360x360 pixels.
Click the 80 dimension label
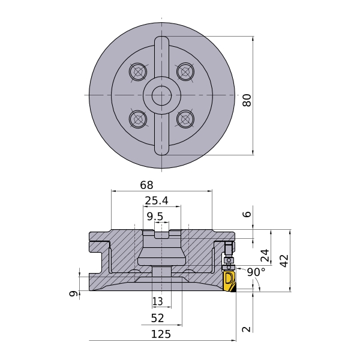pos(247,100)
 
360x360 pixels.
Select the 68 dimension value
pos(146,185)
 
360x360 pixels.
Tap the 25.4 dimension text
pos(156,200)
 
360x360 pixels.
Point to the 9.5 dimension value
pos(155,216)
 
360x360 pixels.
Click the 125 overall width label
pos(161,334)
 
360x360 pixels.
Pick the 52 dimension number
pos(157,318)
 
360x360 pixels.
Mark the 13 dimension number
pos(158,301)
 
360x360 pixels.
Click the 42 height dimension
pos(284,260)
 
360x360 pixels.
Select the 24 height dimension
pos(265,256)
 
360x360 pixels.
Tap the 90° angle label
pos(256,272)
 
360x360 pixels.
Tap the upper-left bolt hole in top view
pos(139,72)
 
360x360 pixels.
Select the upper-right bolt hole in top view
pos(185,72)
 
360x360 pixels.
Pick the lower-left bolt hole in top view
pos(139,119)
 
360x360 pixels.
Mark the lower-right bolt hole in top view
pos(185,119)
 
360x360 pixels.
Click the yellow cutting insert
pos(229,282)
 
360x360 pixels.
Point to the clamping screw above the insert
pos(228,248)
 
